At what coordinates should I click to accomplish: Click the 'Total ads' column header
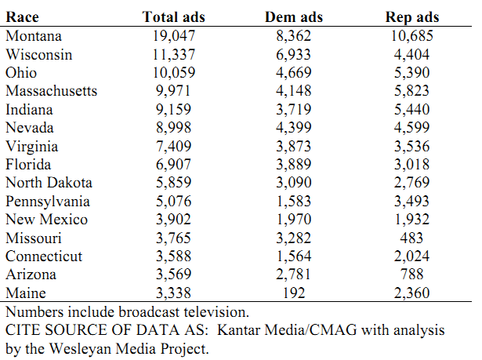pos(173,17)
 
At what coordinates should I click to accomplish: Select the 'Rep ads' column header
pos(412,17)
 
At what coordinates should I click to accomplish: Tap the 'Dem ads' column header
pos(294,17)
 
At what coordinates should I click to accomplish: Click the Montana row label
pos(34,36)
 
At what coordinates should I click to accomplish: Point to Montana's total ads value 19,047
pos(174,36)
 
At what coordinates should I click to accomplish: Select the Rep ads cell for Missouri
pos(411,238)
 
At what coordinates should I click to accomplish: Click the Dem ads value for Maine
pos(294,293)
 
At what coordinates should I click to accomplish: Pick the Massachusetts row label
pos(52,91)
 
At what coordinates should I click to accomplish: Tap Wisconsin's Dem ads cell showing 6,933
pos(293,55)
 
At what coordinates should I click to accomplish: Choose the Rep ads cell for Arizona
pos(411,275)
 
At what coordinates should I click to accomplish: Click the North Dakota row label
pos(49,183)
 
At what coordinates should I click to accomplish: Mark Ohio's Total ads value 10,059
pos(174,73)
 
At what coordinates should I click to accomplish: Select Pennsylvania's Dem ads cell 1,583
pos(294,202)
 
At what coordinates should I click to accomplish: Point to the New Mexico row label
pos(46,220)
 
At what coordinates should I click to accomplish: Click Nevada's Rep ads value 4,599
pos(411,128)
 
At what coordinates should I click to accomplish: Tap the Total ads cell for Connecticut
pos(173,256)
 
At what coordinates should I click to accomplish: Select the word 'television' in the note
pos(216,312)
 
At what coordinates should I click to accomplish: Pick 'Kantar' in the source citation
pos(238,330)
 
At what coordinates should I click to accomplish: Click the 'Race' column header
pos(22,17)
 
